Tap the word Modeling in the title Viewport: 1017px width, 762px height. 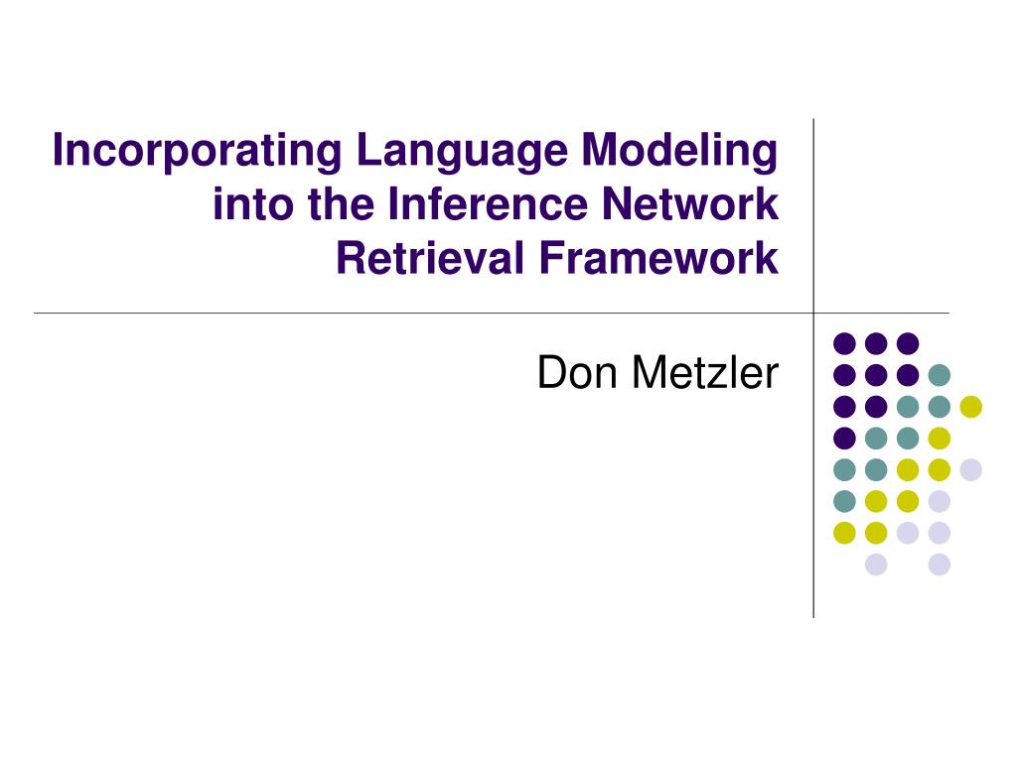point(679,152)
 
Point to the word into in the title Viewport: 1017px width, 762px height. point(241,205)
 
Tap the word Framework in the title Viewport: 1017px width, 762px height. point(659,259)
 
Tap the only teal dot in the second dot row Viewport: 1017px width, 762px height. point(939,375)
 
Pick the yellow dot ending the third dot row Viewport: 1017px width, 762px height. point(970,406)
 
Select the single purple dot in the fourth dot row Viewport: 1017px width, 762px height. point(844,438)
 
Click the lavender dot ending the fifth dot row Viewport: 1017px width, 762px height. point(970,469)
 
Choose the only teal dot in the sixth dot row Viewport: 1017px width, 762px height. point(844,501)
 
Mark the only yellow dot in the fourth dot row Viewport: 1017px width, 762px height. point(939,438)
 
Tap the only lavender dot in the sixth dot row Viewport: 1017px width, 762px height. point(939,501)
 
